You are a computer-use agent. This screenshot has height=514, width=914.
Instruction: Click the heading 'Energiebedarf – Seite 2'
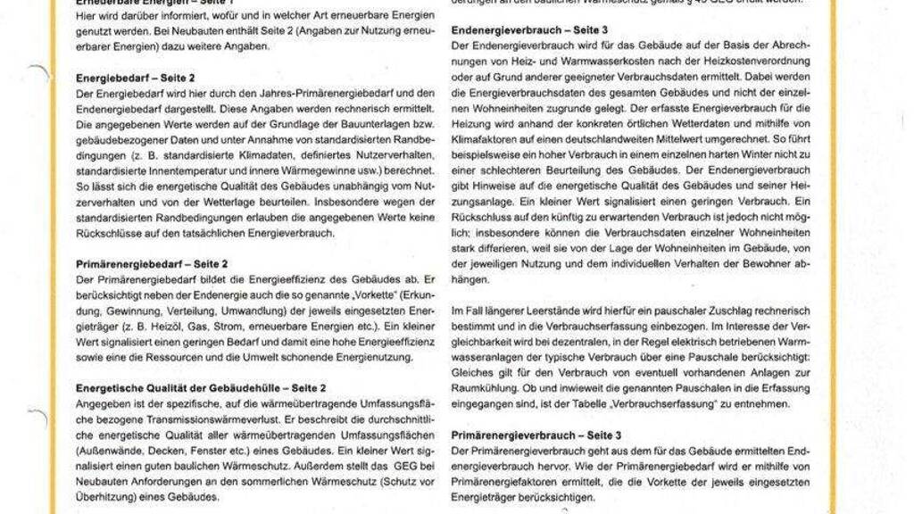tap(136, 79)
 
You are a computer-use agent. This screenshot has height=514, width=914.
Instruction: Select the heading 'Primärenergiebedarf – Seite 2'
tap(153, 264)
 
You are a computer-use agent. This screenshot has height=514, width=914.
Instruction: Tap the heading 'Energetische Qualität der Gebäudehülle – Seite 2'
tap(201, 388)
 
